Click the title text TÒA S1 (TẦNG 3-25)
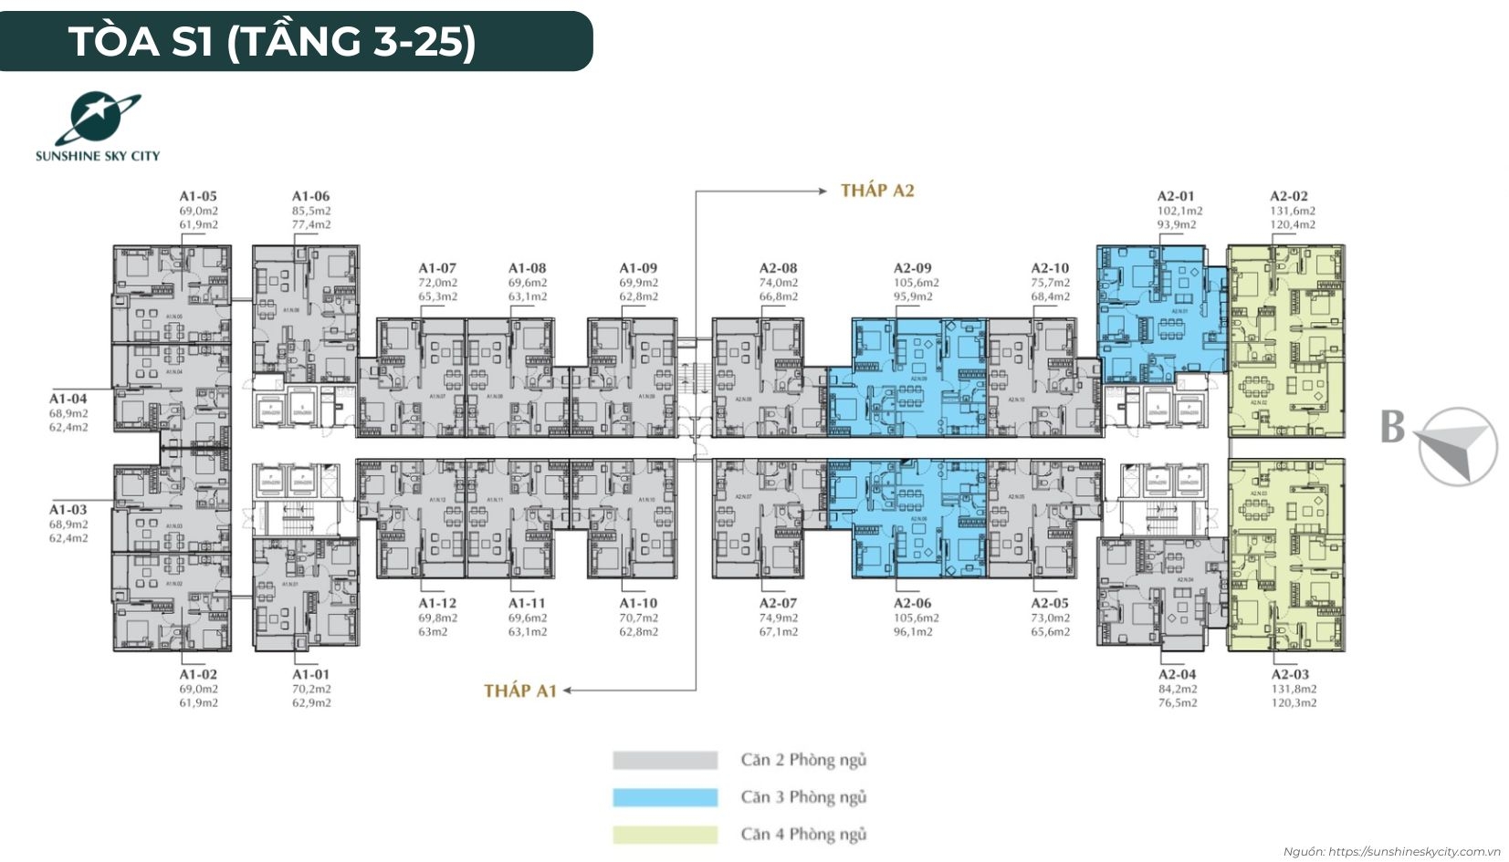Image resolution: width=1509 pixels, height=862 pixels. [272, 41]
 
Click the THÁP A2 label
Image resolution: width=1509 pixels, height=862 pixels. [876, 191]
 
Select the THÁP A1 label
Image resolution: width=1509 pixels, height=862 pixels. [519, 691]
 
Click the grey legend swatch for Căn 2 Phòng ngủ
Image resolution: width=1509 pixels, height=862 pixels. [665, 760]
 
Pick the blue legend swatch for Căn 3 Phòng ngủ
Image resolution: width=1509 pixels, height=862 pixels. [665, 797]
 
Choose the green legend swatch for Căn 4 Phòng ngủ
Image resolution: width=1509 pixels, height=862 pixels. [665, 835]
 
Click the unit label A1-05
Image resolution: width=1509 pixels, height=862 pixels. [198, 196]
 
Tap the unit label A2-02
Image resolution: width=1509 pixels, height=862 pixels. [1288, 196]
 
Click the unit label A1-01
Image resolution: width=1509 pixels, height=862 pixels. [311, 675]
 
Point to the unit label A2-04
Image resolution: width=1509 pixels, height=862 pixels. [1177, 675]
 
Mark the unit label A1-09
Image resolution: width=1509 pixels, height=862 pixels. [638, 268]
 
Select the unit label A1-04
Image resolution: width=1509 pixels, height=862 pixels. [68, 399]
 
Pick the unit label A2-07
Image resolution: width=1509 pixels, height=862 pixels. [778, 603]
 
